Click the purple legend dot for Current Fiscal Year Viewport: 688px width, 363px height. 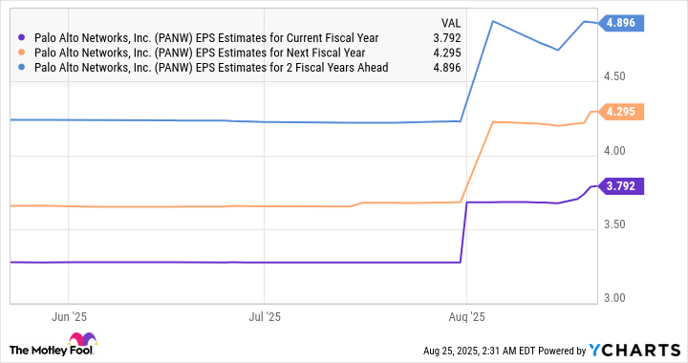coord(22,37)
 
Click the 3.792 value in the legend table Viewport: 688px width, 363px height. coord(446,37)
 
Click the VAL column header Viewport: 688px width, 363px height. coord(449,20)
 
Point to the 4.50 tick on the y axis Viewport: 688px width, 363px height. coord(615,77)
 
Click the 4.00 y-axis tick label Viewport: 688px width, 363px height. coord(615,151)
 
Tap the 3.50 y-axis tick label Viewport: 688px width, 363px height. coord(615,224)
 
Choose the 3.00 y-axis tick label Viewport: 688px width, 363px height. coord(615,298)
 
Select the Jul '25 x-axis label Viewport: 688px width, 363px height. coord(265,314)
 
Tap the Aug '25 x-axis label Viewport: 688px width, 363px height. coord(466,314)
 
